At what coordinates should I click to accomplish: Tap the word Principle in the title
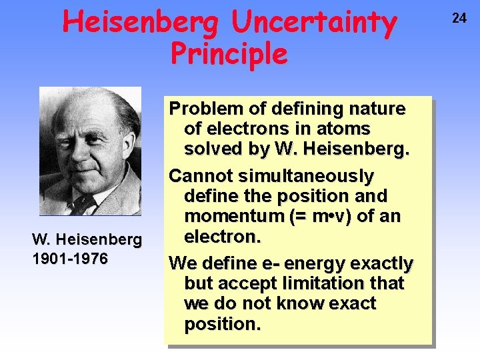pos(229,53)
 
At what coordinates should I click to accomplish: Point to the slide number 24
pos(459,18)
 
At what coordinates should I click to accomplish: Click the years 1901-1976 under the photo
pos(70,259)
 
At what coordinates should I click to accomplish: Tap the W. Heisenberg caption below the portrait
pos(87,239)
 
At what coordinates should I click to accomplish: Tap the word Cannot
pos(197,176)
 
